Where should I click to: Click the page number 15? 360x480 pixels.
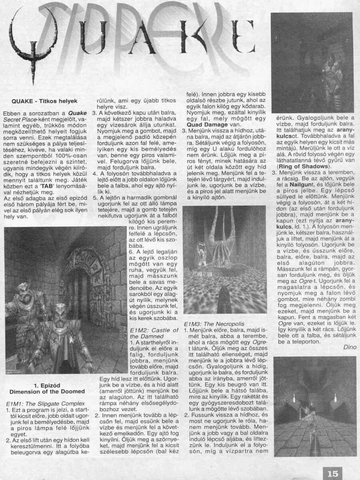point(332,473)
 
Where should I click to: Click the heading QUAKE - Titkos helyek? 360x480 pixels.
point(44,101)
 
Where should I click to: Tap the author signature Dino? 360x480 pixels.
point(349,347)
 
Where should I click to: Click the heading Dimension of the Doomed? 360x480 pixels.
point(47,391)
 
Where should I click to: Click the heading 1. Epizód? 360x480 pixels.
point(47,385)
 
